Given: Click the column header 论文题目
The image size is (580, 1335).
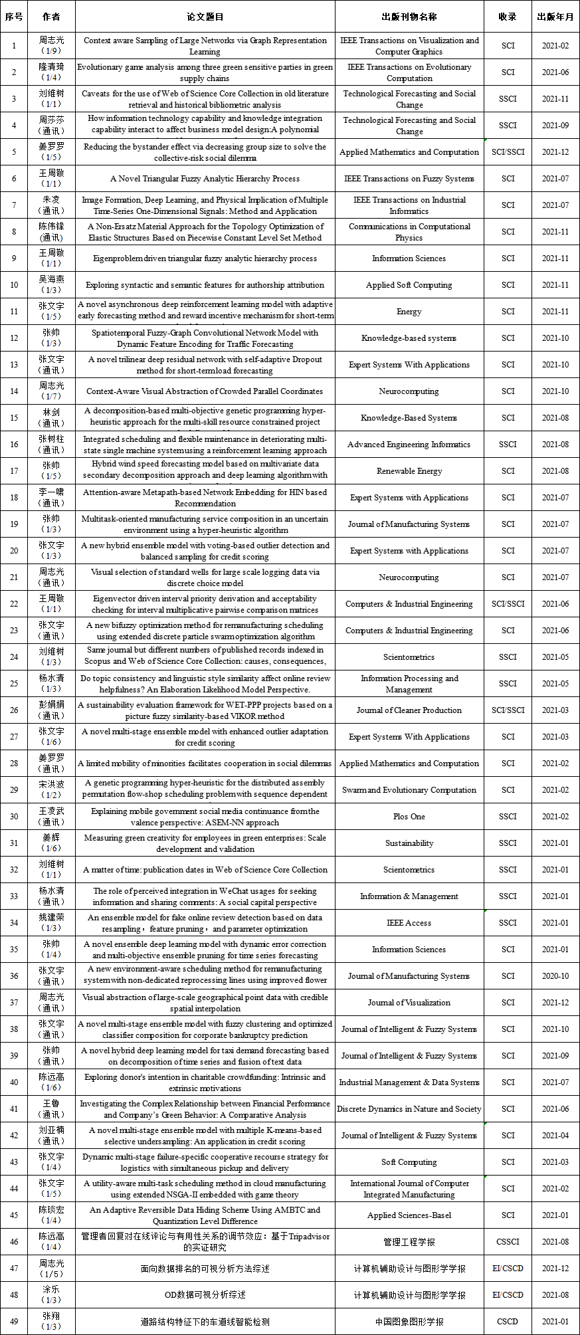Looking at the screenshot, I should coord(205,17).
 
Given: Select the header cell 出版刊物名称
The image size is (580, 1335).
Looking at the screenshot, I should coord(409,17).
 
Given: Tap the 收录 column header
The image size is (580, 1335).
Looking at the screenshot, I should coord(508,17).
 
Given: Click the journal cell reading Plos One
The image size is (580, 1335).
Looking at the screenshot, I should coord(409,817).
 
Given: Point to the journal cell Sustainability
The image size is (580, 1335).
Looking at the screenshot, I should coord(409,843).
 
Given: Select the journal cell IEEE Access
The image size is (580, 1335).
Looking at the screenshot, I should coord(409,923).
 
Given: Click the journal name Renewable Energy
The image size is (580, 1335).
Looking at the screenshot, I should coord(409,471).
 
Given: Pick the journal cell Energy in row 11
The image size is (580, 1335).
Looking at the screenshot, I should coord(409,312).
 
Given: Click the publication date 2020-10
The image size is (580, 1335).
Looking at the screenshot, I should coord(555,976).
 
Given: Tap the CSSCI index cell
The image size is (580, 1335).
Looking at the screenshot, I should coord(508,1242).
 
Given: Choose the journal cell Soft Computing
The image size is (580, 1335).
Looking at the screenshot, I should coord(409,1162).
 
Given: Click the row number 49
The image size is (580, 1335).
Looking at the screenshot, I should coord(14,1322).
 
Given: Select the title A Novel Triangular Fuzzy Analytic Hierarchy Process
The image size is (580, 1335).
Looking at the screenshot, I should coord(205,179).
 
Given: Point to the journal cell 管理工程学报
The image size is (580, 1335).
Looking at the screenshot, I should coord(409,1242).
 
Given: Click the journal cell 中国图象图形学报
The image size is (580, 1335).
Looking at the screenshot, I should coord(409,1322).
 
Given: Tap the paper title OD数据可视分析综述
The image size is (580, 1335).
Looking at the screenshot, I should coord(205,1295).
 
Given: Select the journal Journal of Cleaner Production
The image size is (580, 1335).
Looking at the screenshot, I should coord(409,710).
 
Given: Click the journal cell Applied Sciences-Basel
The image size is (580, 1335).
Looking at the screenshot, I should coord(409,1215).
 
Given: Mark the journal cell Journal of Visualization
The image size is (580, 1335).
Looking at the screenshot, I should coord(409,1003).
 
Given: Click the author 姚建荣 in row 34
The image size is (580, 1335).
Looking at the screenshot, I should coord(51,918).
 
